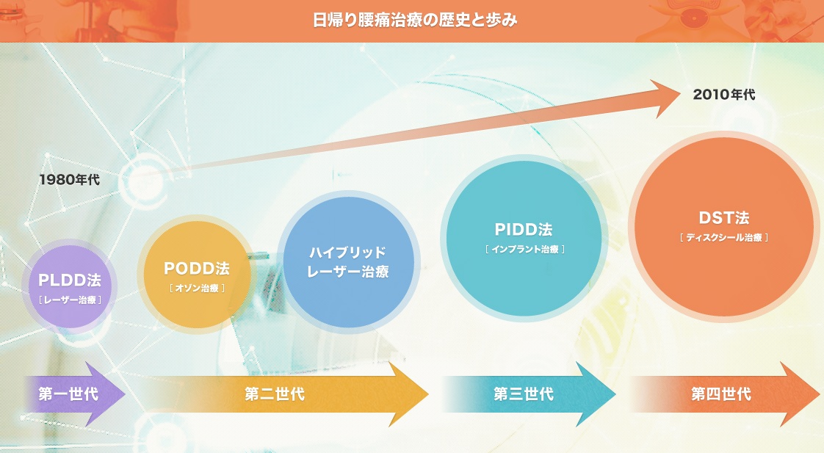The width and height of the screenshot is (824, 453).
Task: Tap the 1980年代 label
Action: pyautogui.click(x=70, y=179)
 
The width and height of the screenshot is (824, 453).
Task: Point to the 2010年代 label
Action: pyautogui.click(x=724, y=94)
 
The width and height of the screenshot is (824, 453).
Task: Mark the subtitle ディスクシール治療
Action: pyautogui.click(x=724, y=237)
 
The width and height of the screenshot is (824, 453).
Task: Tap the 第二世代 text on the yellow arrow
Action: pyautogui.click(x=275, y=394)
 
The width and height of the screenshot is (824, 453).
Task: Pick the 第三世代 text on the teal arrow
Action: pyautogui.click(x=524, y=394)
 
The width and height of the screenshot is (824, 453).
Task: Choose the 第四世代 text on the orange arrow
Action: pyautogui.click(x=721, y=394)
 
